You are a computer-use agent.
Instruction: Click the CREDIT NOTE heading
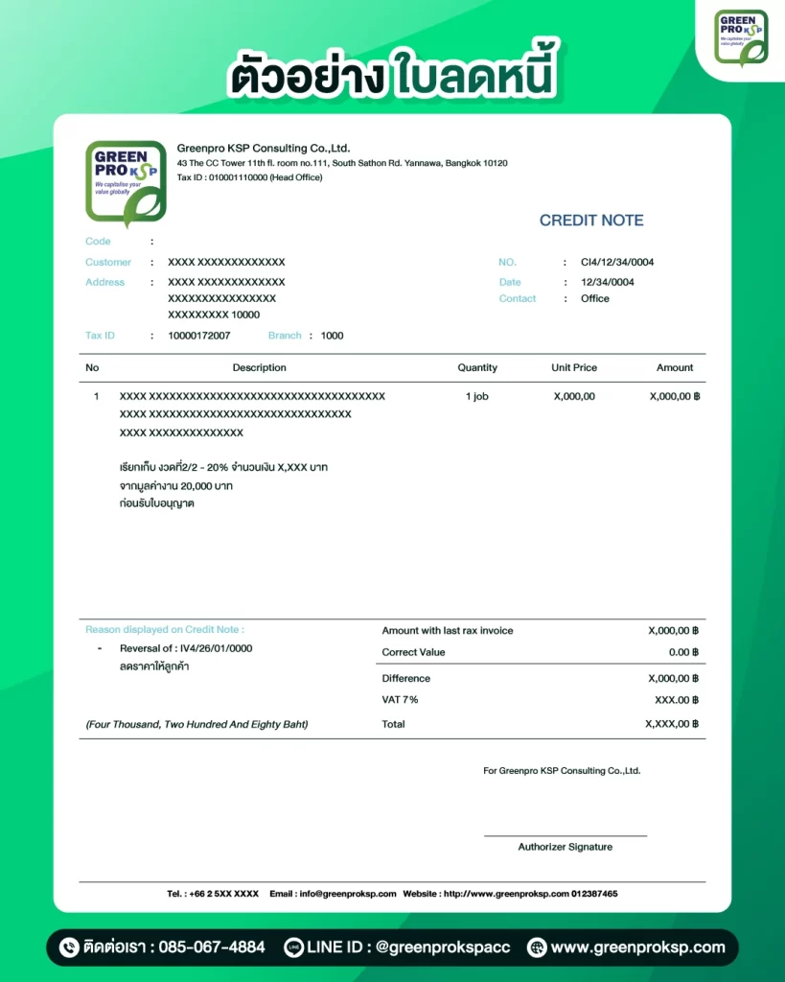[x=590, y=221]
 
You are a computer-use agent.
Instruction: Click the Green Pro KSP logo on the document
[x=126, y=183]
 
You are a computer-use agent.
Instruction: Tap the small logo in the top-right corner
[x=741, y=38]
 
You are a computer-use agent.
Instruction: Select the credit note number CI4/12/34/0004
[x=617, y=262]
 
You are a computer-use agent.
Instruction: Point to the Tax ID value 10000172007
[x=199, y=336]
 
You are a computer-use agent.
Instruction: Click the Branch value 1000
[x=332, y=336]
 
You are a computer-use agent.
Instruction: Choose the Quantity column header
[x=477, y=367]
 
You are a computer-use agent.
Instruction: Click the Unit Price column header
[x=574, y=367]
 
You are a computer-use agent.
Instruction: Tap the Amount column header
[x=675, y=367]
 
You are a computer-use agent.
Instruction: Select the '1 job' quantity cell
[x=477, y=396]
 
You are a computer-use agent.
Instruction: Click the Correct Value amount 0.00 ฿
[x=683, y=652]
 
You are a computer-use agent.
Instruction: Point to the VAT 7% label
[x=400, y=700]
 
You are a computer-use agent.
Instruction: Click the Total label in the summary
[x=393, y=724]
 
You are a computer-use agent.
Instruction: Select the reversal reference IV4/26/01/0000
[x=216, y=648]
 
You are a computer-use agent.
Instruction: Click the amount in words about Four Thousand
[x=196, y=724]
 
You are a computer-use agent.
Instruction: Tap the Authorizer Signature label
[x=566, y=847]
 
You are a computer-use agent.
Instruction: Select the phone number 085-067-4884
[x=212, y=947]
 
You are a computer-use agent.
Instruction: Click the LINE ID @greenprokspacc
[x=443, y=947]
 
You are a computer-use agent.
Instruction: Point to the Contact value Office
[x=595, y=298]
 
